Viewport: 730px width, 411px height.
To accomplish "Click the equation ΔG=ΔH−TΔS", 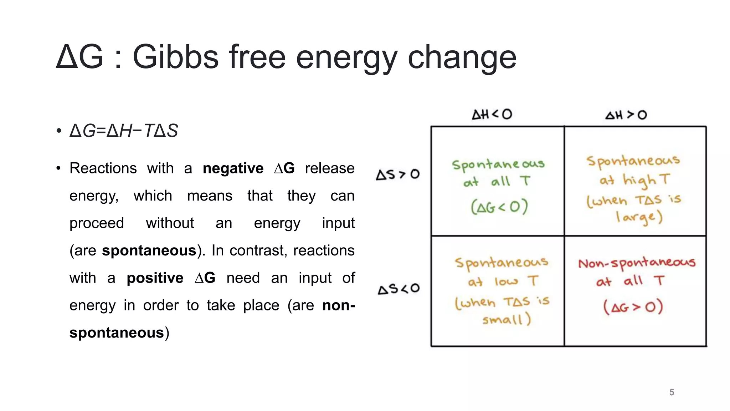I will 124,131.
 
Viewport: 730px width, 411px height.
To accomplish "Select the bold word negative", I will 233,168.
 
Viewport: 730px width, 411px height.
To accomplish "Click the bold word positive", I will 155,278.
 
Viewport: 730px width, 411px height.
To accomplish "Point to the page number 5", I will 672,392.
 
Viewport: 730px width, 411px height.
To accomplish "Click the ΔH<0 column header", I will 492,115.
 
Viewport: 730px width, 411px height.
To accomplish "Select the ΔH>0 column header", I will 626,115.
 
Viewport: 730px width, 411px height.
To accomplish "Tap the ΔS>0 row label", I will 398,174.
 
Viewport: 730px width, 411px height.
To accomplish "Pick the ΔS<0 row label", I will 399,289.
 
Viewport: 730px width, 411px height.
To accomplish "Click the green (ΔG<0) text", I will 499,207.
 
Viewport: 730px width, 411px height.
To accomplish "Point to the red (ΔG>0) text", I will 633,307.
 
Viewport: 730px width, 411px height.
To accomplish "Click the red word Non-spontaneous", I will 637,263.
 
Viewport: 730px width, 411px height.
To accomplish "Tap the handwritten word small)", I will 507,319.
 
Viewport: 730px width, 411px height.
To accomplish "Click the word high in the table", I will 639,181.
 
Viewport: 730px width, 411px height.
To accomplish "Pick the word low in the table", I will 506,282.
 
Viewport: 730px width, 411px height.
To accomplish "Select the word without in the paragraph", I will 170,223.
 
